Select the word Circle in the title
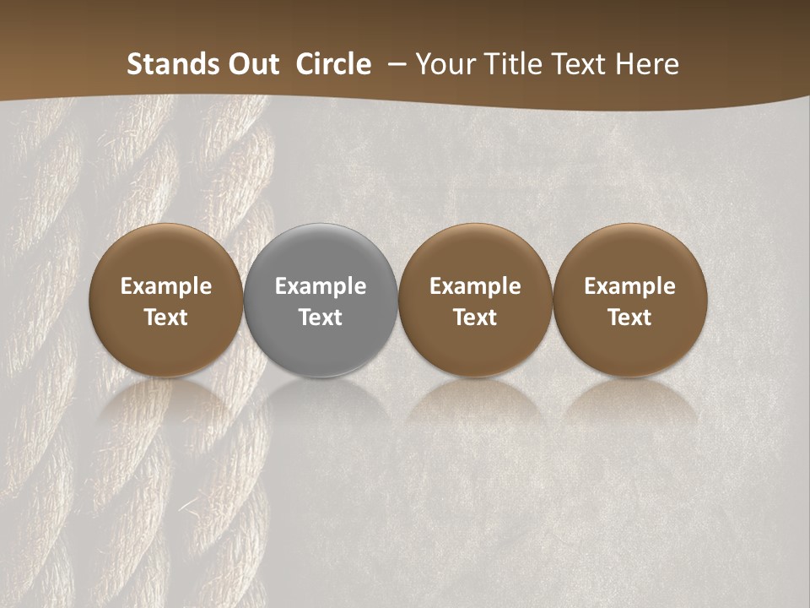coord(333,64)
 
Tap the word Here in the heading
coord(646,64)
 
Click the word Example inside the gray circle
coord(321,286)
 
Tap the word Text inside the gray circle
coord(321,318)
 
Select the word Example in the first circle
coord(166,286)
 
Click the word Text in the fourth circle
coord(629,318)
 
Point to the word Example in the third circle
coord(475,286)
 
